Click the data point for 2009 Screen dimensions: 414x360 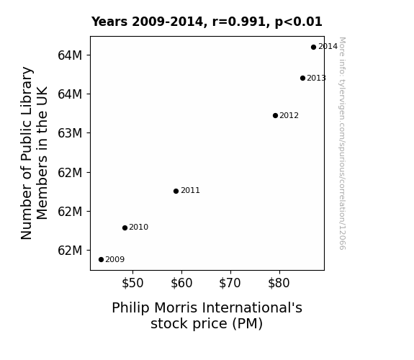101,260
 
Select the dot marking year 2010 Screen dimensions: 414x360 125,228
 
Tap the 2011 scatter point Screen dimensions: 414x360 176,191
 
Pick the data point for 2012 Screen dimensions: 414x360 275,115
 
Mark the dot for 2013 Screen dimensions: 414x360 303,78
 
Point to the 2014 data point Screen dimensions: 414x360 313,47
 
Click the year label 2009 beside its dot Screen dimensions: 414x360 115,260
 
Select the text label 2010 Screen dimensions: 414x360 139,227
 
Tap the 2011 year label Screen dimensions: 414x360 190,190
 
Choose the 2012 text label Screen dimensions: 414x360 289,115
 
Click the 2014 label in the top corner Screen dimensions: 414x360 328,47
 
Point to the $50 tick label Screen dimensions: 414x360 132,283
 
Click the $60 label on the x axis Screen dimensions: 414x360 181,283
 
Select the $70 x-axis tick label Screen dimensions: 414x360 230,283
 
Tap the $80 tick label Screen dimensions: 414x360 279,283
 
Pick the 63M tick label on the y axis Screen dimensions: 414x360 70,133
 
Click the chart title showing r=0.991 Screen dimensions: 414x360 207,22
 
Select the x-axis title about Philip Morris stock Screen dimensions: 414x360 207,315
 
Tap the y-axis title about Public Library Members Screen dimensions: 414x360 34,153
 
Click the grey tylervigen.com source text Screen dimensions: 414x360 342,143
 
